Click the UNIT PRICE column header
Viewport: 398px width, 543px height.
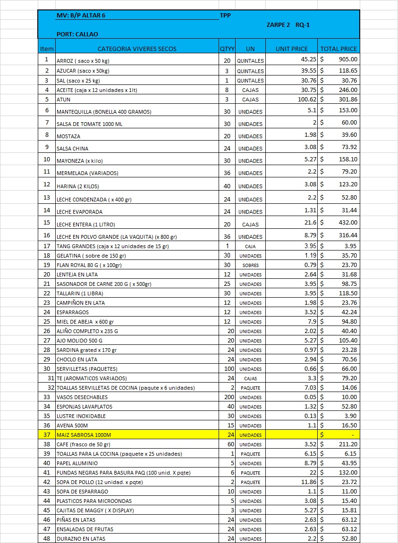[292, 49]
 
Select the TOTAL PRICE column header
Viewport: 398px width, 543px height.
[339, 49]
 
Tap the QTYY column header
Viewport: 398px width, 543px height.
[227, 49]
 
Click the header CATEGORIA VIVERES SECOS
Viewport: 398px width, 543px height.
[137, 49]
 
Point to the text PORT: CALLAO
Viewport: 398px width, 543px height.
[77, 34]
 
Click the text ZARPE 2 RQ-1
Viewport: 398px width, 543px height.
[288, 25]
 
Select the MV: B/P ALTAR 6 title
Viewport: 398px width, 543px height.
[81, 15]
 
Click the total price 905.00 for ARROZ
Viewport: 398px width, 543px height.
[348, 59]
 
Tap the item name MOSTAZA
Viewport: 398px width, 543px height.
[68, 136]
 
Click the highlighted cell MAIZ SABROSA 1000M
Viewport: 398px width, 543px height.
[84, 434]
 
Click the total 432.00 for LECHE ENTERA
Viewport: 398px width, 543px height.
[348, 222]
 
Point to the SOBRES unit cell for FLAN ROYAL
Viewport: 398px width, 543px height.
[250, 265]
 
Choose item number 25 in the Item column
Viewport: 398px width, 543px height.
[47, 321]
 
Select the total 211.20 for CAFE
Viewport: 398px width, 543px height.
[348, 444]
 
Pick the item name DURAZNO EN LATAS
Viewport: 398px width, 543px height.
[81, 538]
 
